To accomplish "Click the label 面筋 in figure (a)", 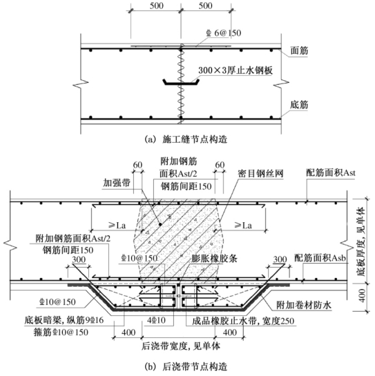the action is [x=299, y=50].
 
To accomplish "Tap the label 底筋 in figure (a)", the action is [x=299, y=105].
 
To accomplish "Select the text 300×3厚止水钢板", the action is [x=235, y=70].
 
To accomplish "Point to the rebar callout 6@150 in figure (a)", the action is [x=224, y=33].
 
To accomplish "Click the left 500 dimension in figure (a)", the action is [x=157, y=6].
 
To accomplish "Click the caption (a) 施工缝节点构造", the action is [x=186, y=139].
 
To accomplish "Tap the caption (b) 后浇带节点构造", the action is [x=186, y=367].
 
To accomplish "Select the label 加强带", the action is [x=117, y=183].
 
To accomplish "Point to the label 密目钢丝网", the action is [x=261, y=173].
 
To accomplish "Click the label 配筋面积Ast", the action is [x=331, y=173].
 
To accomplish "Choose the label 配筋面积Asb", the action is [x=320, y=258].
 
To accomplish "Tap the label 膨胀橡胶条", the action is [x=214, y=259].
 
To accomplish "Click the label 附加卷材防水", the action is [x=304, y=305].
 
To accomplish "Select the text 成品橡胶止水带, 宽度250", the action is [x=243, y=321].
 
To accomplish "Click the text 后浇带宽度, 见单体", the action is [x=181, y=346].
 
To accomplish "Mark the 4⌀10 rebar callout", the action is [x=156, y=320].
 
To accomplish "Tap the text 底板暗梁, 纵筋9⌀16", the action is [x=64, y=320].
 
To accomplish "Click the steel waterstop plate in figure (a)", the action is [x=181, y=82].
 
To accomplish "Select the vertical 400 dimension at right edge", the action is [x=363, y=295].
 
